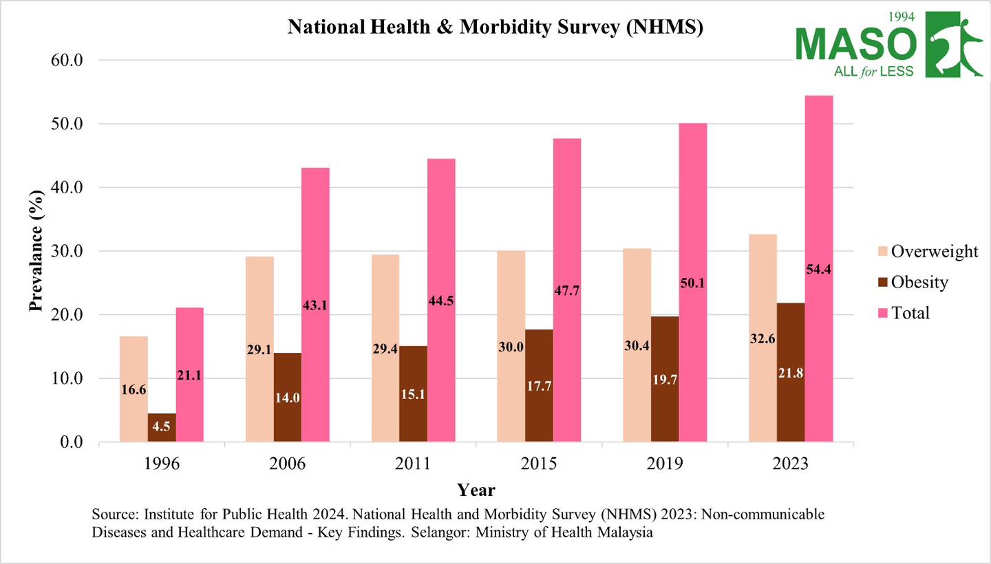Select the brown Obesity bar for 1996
pos(162,428)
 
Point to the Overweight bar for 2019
pos(637,345)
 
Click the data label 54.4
pos(819,270)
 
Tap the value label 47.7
pos(566,290)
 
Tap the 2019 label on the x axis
pos(665,463)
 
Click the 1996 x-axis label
pos(162,463)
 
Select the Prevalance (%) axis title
pos(36,251)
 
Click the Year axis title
pos(476,490)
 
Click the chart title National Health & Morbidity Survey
pos(495,28)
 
